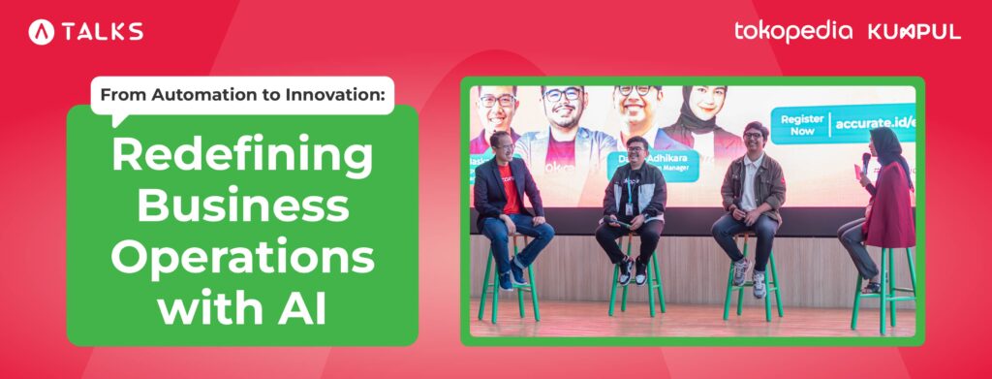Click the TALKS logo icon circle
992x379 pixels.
pos(42,32)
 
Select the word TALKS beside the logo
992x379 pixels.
pos(103,32)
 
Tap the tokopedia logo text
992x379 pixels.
pos(793,31)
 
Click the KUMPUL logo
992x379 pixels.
pos(914,31)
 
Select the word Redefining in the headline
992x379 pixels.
pos(242,156)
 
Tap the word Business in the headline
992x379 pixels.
pos(242,206)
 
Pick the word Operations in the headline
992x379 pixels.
pos(242,257)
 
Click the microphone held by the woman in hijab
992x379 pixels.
pos(865,161)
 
